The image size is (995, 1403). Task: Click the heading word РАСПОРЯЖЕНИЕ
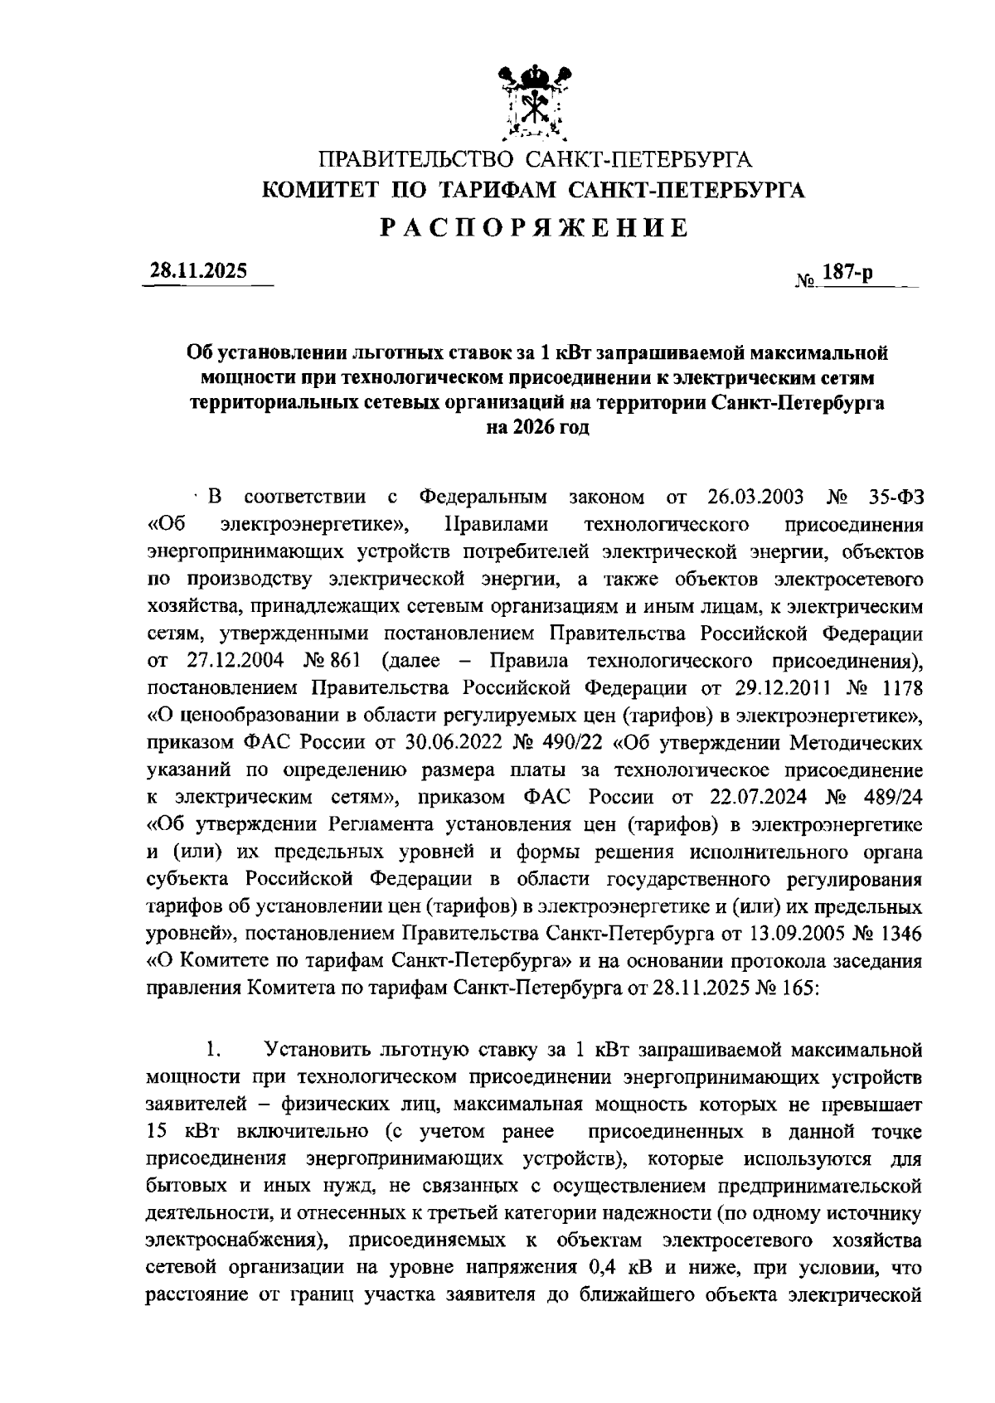coord(535,228)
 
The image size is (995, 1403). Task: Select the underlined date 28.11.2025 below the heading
coord(198,270)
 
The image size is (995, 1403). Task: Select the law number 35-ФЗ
coord(890,498)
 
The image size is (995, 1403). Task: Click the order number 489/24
coord(886,797)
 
